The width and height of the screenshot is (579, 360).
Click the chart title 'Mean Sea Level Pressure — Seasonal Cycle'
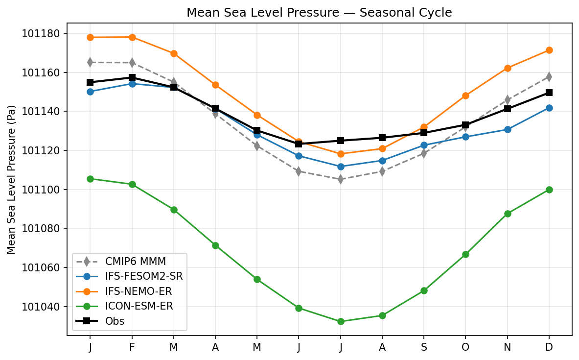coord(319,13)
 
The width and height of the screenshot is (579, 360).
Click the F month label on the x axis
coord(132,347)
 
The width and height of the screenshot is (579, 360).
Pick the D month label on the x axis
coord(549,347)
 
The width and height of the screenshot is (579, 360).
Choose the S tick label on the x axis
coord(424,347)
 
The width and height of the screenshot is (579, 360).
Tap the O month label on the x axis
coord(465,347)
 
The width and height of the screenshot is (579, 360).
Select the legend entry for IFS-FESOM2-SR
coord(130,276)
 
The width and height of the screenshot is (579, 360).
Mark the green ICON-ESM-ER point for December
coord(549,190)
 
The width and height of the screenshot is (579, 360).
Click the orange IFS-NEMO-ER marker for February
coord(132,37)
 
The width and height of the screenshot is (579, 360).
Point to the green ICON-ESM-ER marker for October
coord(465,254)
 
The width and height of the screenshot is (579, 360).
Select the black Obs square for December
coord(549,93)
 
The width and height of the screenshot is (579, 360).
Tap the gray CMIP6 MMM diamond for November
coord(508,100)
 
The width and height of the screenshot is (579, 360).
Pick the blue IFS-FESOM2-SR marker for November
coord(508,129)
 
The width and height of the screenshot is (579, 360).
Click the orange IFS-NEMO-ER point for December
coord(549,50)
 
